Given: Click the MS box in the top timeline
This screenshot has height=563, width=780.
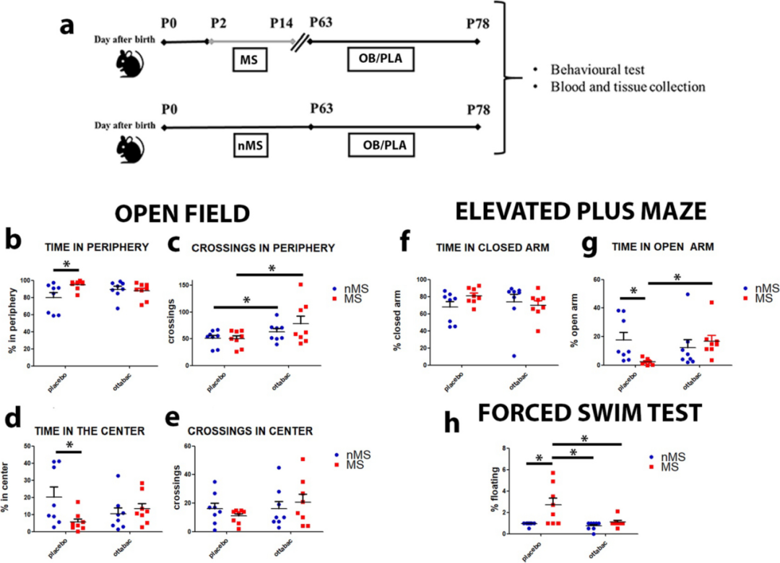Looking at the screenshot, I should tap(250, 61).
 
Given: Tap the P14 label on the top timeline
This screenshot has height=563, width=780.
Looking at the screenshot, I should tap(282, 23).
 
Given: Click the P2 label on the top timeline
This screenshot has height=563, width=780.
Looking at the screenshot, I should tap(218, 23).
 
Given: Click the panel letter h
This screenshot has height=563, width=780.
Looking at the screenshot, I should tap(451, 422).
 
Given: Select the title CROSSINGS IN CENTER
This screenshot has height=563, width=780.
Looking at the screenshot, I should tap(250, 431).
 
